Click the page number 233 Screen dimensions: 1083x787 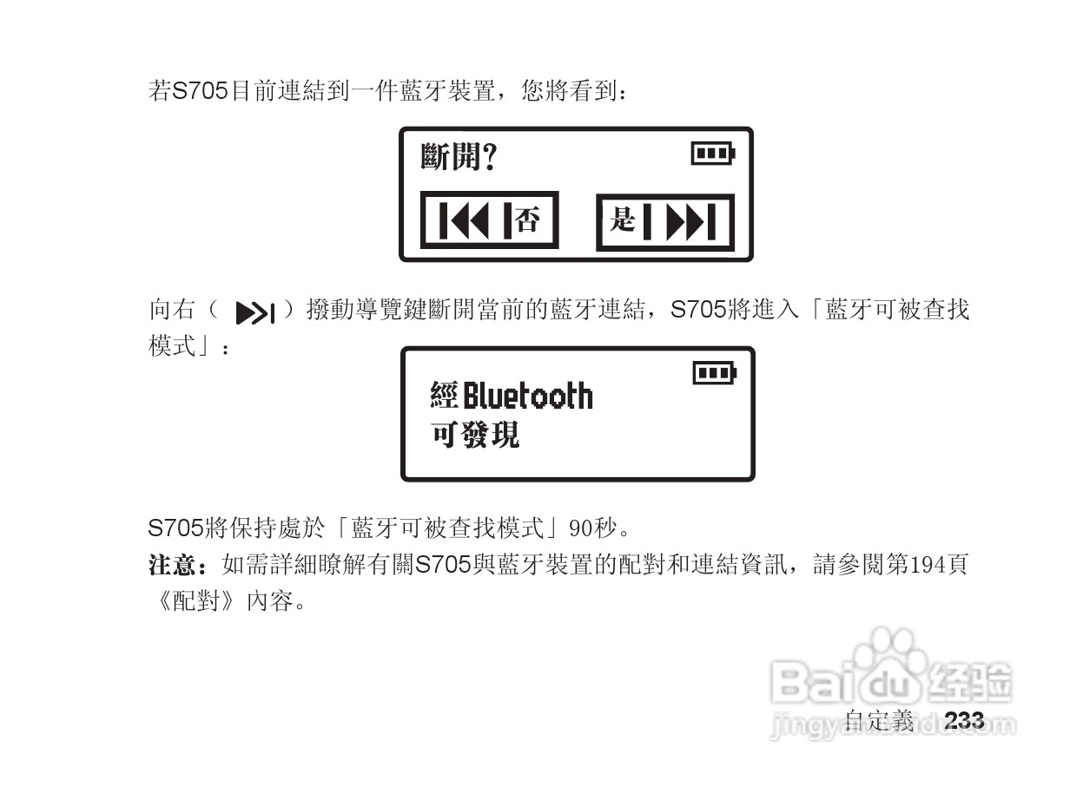963,720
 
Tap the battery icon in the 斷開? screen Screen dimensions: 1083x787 712,154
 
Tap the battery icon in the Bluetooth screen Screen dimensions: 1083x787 714,373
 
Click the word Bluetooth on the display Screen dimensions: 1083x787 527,397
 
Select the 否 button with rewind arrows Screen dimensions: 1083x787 490,220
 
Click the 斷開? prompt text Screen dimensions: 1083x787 459,157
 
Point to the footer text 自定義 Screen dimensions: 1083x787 879,720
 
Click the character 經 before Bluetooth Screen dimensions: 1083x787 444,397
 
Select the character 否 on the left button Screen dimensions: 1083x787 527,220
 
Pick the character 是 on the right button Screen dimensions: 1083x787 622,220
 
